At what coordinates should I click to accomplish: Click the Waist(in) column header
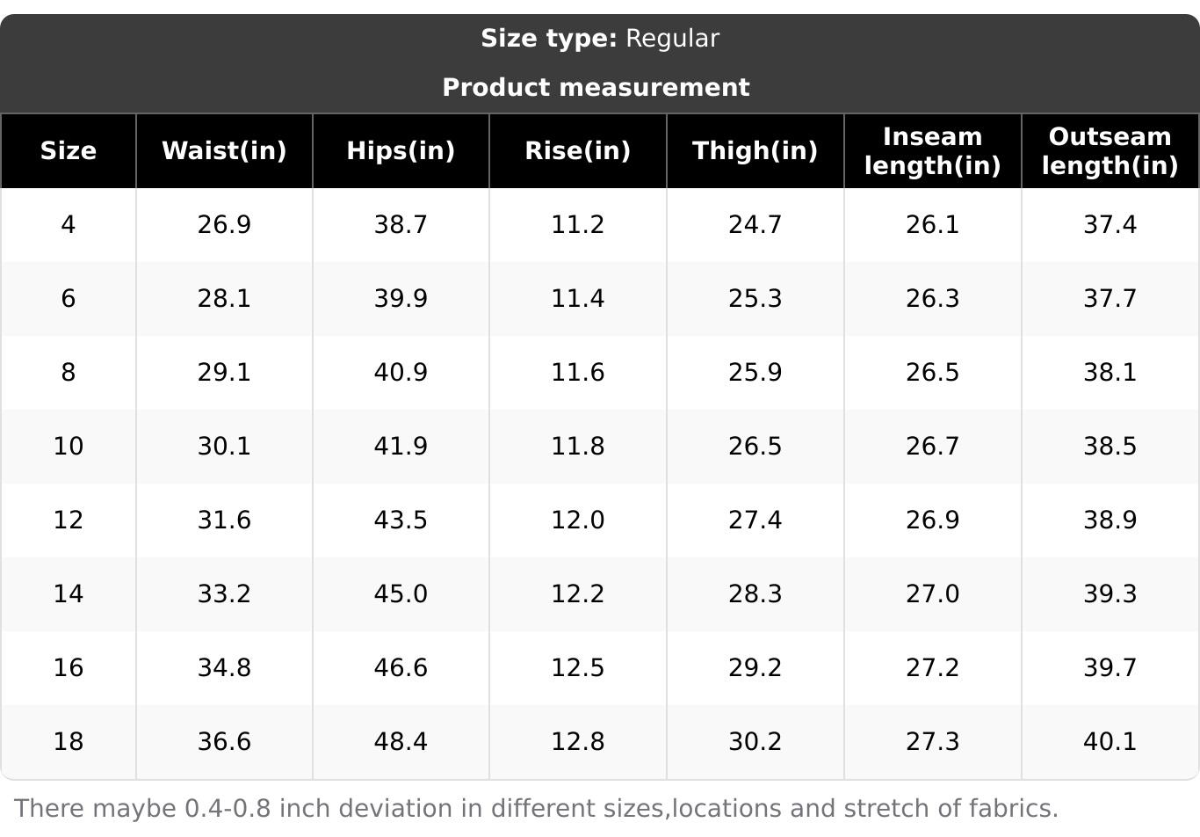[224, 150]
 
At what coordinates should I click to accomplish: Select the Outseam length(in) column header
[1110, 150]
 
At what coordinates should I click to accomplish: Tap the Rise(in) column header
[577, 150]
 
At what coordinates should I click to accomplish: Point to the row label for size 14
[69, 593]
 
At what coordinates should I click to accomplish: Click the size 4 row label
[69, 224]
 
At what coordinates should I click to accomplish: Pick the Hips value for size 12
[401, 520]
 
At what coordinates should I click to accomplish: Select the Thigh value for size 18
[755, 741]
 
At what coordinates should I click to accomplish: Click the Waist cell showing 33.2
[224, 593]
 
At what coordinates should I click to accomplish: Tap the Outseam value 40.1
[1110, 741]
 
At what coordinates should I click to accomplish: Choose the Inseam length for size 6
[932, 298]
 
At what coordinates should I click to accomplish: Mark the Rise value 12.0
[577, 520]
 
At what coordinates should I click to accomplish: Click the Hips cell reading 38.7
[401, 224]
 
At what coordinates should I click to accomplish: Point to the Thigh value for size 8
[755, 372]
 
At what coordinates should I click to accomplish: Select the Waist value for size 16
[224, 667]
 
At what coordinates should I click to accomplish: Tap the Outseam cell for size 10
[1110, 446]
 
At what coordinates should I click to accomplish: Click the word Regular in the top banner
[672, 39]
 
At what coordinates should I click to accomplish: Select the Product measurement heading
[596, 87]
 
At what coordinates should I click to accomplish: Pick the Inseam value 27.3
[932, 741]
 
